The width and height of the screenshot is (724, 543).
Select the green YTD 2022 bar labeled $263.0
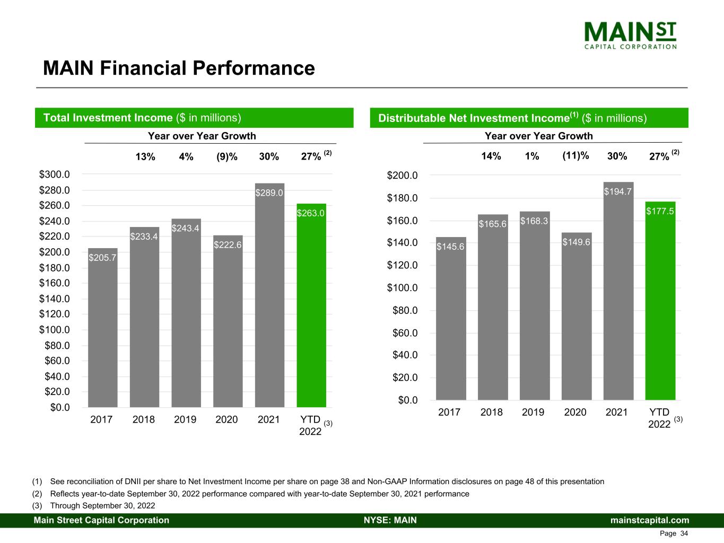tap(311, 308)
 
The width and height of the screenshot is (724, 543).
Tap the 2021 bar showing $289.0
tap(269, 297)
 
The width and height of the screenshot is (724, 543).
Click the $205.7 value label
tap(102, 258)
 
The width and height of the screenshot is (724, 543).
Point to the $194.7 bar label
tap(618, 191)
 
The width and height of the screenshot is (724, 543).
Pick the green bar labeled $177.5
tap(660, 302)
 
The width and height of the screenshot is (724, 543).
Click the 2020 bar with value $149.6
tap(577, 318)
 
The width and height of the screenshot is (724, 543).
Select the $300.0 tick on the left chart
tap(54, 174)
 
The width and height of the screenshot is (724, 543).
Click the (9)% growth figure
tap(227, 156)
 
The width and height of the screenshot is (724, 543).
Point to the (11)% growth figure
tap(575, 155)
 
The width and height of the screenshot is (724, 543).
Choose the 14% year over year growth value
tap(491, 156)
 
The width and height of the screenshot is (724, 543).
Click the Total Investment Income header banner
tap(194, 118)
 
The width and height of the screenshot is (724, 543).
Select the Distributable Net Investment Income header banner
tap(529, 118)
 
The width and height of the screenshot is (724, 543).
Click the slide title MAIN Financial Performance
tap(179, 68)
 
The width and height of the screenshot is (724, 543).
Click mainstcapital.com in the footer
tap(650, 520)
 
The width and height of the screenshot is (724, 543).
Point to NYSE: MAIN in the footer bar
tap(390, 520)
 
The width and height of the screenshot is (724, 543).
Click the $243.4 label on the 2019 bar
tap(186, 228)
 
